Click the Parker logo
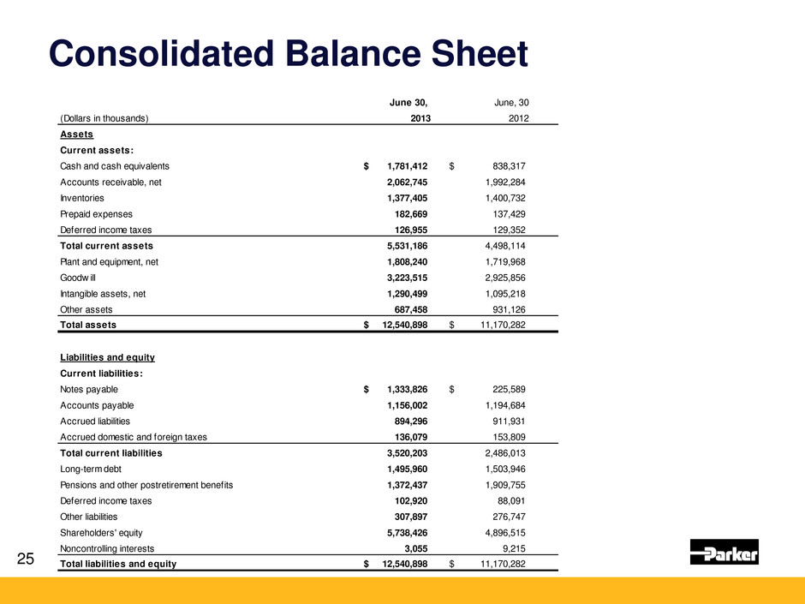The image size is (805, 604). (724, 553)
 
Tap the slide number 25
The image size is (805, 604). (26, 559)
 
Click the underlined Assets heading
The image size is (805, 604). (76, 135)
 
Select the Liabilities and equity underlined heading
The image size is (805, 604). (107, 357)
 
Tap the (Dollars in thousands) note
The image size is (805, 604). (104, 119)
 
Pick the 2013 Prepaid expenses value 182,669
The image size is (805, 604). (406, 212)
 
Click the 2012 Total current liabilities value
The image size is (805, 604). (501, 452)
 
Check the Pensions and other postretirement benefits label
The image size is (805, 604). (146, 484)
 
